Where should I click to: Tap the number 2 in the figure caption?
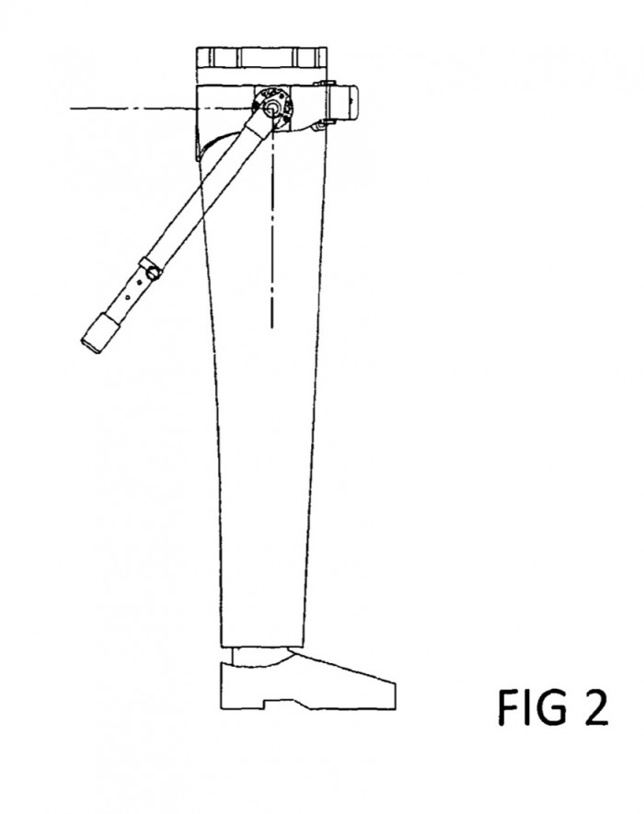[x=594, y=707]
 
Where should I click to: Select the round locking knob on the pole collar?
[x=154, y=271]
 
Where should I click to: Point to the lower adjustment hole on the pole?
[x=128, y=299]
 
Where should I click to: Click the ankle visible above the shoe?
[x=259, y=656]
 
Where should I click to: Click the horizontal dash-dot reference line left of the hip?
[x=161, y=109]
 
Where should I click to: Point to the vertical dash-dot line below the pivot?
[x=272, y=228]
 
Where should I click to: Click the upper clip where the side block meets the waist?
[x=325, y=83]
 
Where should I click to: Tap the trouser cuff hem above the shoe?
[x=262, y=646]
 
